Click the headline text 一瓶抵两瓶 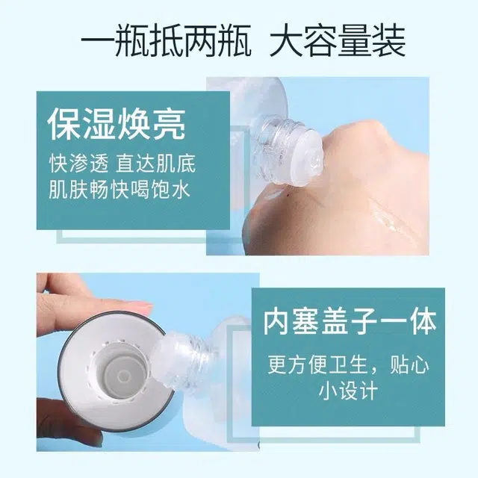pyautogui.click(x=166, y=40)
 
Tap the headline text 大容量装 pyautogui.click(x=338, y=40)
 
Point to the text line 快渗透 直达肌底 pyautogui.click(x=122, y=164)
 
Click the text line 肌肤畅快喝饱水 pyautogui.click(x=119, y=190)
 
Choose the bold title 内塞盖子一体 pyautogui.click(x=350, y=322)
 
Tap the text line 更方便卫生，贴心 pyautogui.click(x=349, y=365)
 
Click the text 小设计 pyautogui.click(x=348, y=391)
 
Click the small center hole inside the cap pyautogui.click(x=123, y=376)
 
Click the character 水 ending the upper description pyautogui.click(x=181, y=190)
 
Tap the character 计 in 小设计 pyautogui.click(x=368, y=391)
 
